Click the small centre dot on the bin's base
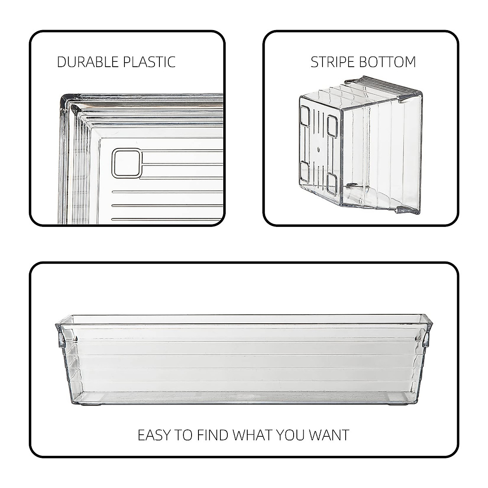(318, 150)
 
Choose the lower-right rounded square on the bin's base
(332, 182)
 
